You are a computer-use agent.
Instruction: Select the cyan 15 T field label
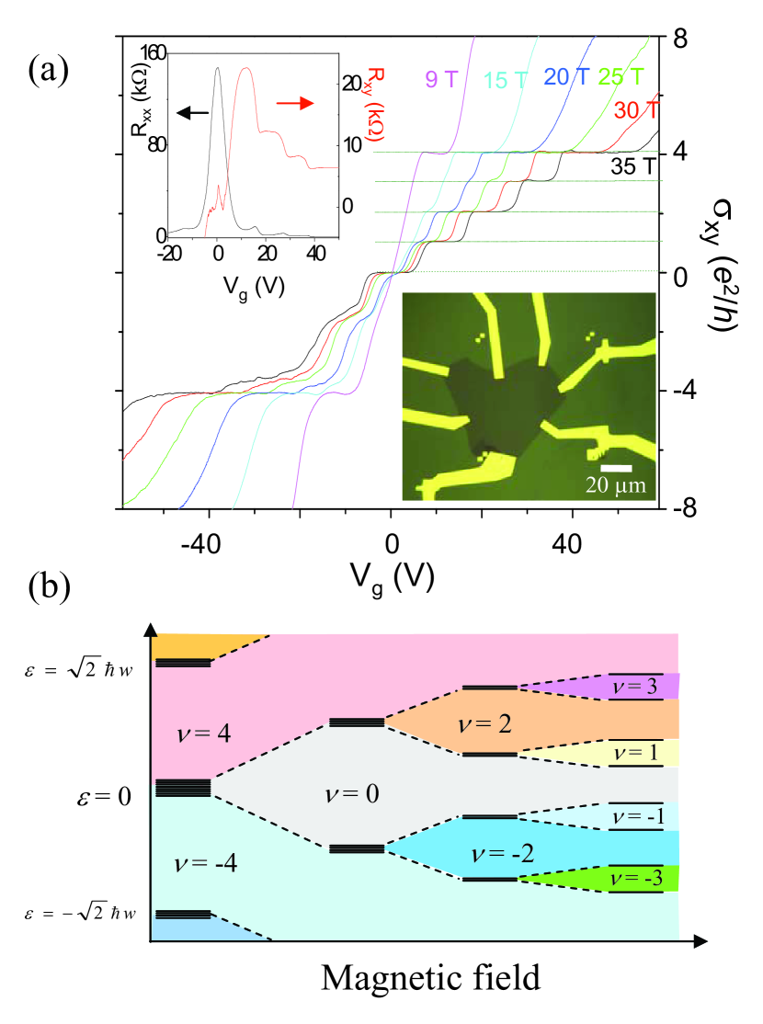(507, 80)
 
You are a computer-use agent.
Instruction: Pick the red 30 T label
(635, 111)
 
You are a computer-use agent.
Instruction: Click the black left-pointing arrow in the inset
(193, 112)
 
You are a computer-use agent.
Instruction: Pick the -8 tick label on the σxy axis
(694, 508)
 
